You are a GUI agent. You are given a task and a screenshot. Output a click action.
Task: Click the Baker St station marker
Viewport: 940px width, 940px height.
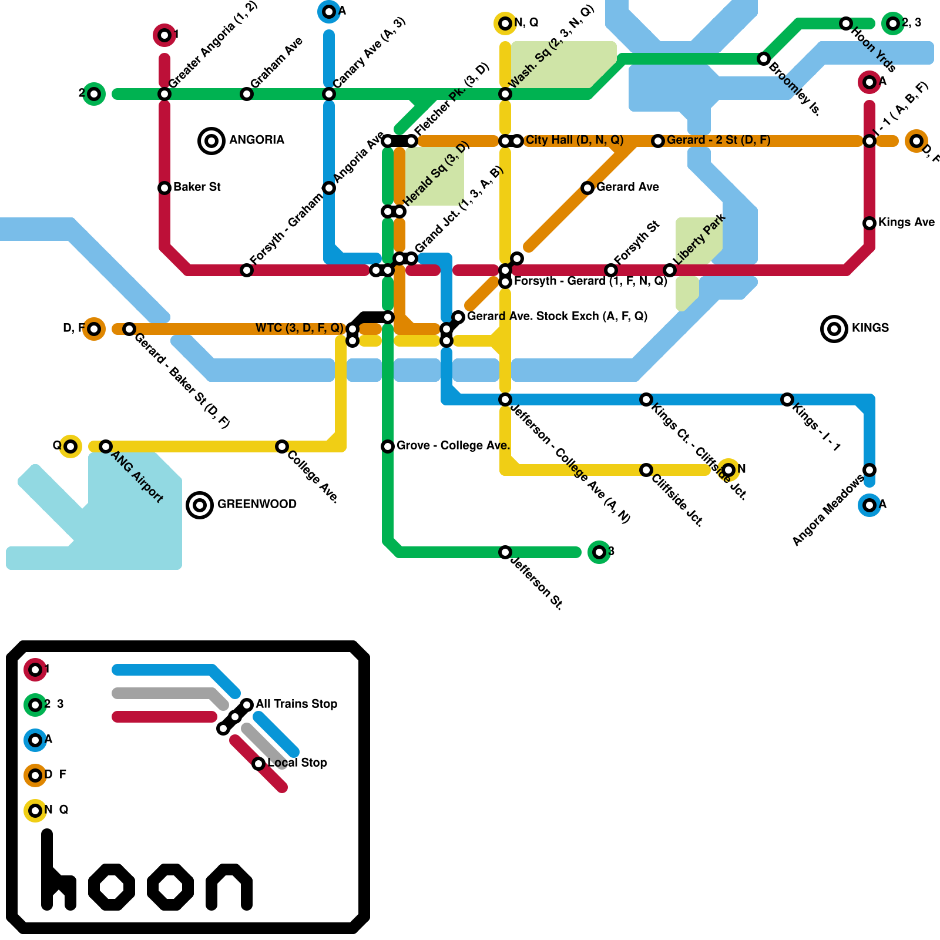click(164, 188)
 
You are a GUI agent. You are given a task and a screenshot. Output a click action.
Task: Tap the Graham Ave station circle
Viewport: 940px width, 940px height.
click(247, 94)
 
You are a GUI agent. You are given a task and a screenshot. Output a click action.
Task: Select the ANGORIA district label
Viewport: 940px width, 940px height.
click(256, 140)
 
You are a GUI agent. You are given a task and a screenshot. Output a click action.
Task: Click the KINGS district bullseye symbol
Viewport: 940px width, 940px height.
click(834, 328)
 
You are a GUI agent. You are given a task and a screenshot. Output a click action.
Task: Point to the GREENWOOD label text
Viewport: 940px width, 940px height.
click(257, 504)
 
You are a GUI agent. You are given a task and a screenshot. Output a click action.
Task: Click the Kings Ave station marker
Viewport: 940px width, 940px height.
click(869, 223)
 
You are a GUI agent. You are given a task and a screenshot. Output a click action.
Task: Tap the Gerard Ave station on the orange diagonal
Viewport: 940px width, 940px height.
click(587, 188)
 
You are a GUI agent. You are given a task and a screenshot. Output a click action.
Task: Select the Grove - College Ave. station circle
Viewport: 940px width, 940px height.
click(388, 446)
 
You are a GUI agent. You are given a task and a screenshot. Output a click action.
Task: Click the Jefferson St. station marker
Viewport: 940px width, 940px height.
click(505, 552)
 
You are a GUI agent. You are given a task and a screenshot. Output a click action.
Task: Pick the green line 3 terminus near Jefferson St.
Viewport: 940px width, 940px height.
click(599, 552)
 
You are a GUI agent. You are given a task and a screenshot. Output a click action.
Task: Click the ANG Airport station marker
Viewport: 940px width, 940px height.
click(106, 446)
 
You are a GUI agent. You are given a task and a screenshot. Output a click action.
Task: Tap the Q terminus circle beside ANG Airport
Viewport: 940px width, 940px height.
click(70, 446)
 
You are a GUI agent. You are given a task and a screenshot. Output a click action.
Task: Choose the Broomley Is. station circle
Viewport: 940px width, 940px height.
click(764, 59)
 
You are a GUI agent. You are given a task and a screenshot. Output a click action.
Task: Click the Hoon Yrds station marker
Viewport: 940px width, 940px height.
click(846, 23)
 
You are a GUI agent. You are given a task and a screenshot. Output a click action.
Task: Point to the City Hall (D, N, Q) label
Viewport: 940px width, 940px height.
click(574, 140)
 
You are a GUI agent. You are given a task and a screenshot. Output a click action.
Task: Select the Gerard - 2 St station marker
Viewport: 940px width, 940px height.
click(658, 141)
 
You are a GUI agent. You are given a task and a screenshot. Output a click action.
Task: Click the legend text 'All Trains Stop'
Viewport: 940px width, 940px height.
click(296, 704)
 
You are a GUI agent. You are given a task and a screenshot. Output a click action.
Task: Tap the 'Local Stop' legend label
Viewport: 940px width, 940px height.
click(297, 763)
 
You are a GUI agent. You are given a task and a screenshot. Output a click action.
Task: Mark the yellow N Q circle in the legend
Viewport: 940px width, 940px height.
click(35, 811)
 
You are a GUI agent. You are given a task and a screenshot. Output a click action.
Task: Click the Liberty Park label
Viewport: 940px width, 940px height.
click(699, 240)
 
